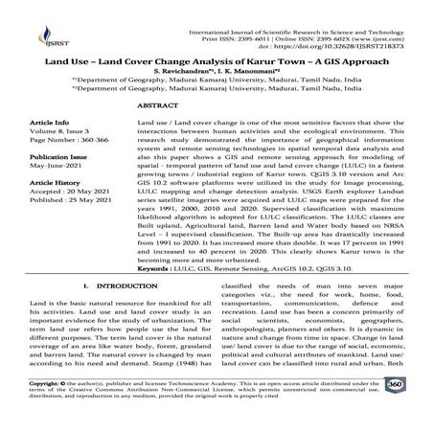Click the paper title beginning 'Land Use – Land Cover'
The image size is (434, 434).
217,62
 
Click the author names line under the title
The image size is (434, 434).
217,75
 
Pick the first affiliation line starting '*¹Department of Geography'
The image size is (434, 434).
217,84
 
